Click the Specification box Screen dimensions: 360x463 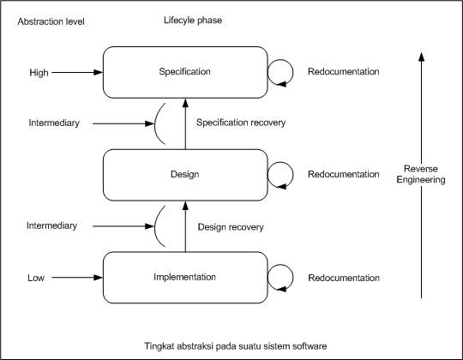[185, 72]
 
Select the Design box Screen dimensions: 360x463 [185, 174]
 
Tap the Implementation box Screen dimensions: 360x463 [185, 277]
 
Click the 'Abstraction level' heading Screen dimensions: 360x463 [51, 21]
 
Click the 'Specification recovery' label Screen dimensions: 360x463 [241, 123]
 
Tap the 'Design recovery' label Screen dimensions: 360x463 [230, 227]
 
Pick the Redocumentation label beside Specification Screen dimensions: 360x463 [343, 72]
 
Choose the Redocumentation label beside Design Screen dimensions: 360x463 [343, 174]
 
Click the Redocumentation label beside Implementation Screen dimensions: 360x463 [343, 278]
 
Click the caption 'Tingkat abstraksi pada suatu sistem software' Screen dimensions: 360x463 [235, 345]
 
